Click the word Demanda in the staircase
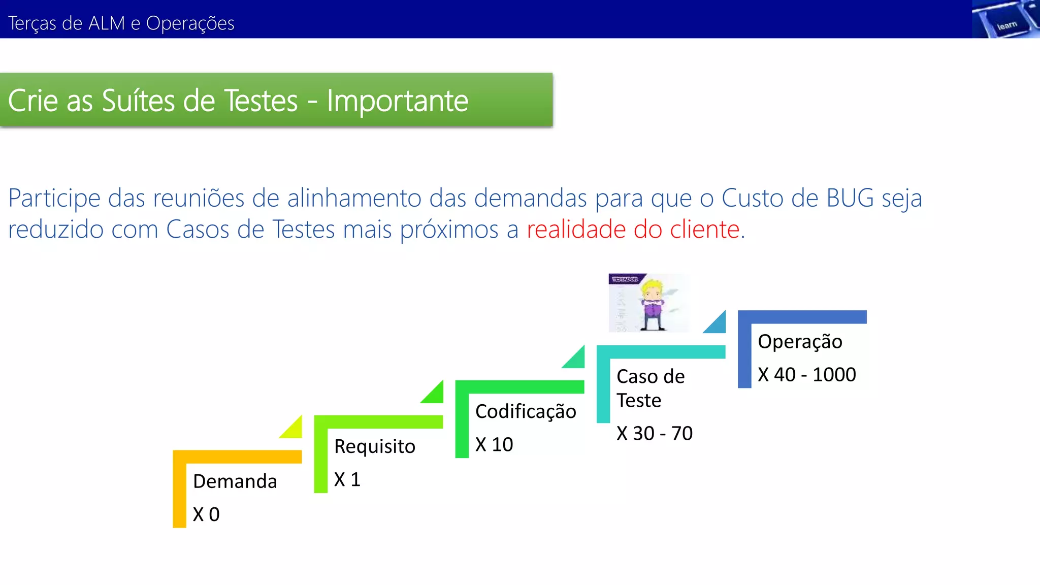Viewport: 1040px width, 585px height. (x=235, y=481)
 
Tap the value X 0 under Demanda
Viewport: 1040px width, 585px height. (x=206, y=514)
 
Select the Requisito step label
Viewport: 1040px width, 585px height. (x=375, y=446)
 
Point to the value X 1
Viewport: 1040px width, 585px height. (x=347, y=479)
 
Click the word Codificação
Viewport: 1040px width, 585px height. (x=526, y=411)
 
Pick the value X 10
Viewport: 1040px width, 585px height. (x=494, y=444)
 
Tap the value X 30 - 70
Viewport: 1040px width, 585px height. (x=655, y=433)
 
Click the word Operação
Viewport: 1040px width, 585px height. (x=800, y=342)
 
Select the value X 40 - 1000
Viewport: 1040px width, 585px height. (x=807, y=375)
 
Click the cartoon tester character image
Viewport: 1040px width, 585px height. (x=649, y=303)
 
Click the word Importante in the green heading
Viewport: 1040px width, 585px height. (x=397, y=101)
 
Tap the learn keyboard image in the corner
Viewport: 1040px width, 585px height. (x=1005, y=19)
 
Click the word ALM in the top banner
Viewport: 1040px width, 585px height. (x=106, y=23)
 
